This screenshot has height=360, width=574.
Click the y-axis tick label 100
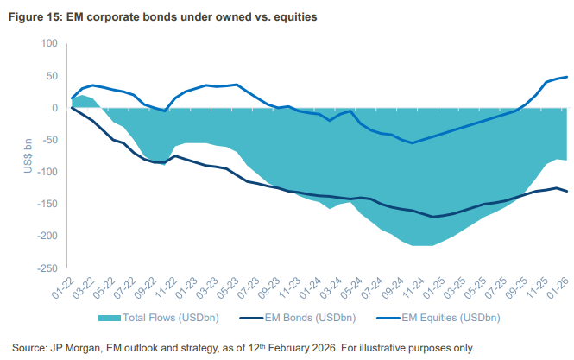tap(47, 44)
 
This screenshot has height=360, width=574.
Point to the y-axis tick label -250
tap(45, 268)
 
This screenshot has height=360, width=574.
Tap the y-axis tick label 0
tap(53, 108)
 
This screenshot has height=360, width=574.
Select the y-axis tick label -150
tap(45, 204)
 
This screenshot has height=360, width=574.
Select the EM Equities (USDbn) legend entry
tap(440, 317)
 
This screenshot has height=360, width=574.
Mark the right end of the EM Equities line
tap(567, 77)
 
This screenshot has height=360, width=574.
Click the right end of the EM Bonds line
tap(567, 192)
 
